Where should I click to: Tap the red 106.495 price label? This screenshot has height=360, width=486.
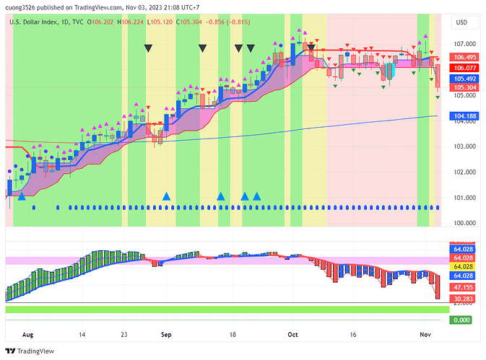point(466,57)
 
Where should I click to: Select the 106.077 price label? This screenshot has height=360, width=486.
point(466,68)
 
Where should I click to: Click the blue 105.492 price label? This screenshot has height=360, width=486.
point(466,79)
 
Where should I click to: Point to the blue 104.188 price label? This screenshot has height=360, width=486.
point(466,115)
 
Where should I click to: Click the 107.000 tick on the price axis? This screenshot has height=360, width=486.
point(464,43)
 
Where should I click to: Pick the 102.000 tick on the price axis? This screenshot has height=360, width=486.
point(464,172)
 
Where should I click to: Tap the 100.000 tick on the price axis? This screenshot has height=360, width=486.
point(464,223)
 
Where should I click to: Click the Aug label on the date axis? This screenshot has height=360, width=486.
point(29,335)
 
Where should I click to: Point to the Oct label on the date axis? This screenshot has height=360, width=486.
point(292,335)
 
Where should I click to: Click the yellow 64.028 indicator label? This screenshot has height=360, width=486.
point(463,266)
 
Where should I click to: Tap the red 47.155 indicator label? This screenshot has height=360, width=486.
point(463,286)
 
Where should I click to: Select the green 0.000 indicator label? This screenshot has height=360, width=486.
point(463,320)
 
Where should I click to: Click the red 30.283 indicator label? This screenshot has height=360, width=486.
point(463,298)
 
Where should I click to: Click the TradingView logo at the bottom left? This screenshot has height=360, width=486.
point(32,351)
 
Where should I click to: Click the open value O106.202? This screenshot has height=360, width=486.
point(105,22)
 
